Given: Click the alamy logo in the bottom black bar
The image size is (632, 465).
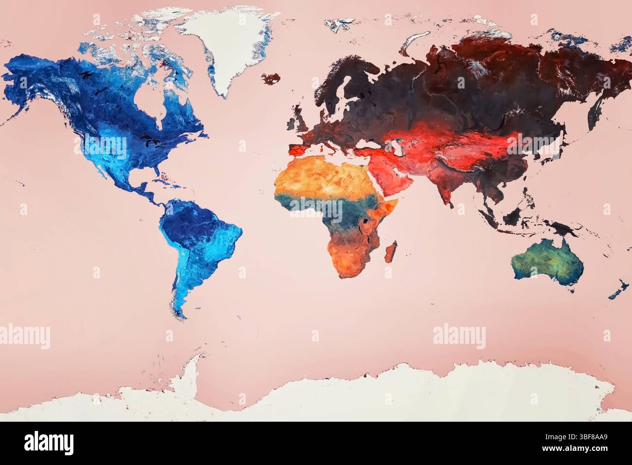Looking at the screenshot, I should click(49, 443).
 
